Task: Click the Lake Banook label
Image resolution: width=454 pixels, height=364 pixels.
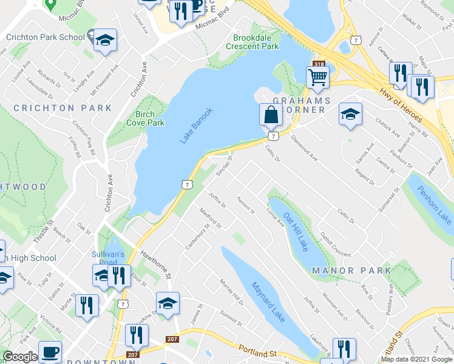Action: pos(197,125)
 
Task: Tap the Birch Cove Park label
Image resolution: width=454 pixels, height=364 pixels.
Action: pos(145,118)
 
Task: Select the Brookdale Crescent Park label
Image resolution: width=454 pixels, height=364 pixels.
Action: pos(252,42)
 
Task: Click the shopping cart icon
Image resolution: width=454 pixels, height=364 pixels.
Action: pos(317,78)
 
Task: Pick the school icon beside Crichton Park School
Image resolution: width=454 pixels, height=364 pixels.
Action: pos(106,40)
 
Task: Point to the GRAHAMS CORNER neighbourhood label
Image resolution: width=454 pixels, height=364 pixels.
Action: pos(302,106)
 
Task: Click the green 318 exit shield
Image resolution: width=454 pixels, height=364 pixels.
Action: pos(319,64)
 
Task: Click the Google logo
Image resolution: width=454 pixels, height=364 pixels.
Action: pos(20,357)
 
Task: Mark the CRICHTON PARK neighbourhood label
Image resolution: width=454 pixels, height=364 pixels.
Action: pos(63,108)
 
